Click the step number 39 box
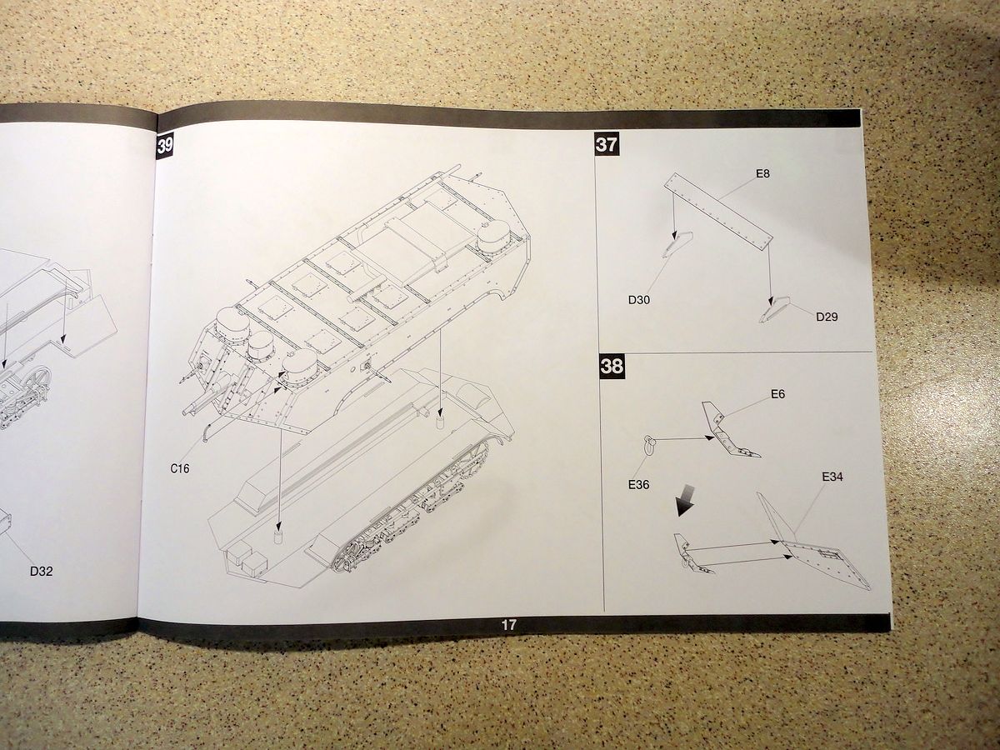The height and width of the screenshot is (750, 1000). [165, 147]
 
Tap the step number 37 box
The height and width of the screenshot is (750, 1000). [607, 143]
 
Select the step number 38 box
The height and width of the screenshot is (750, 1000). [612, 367]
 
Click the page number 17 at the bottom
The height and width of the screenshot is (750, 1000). [509, 624]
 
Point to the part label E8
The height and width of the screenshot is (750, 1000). [762, 173]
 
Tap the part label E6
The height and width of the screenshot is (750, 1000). [777, 394]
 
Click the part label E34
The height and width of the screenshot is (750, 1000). [832, 477]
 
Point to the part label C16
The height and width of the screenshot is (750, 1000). [180, 468]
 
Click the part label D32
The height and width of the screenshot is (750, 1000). [41, 572]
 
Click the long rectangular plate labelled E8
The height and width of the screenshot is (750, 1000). [718, 211]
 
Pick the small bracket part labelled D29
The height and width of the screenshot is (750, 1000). [775, 311]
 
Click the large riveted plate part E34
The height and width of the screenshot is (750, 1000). [821, 558]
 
